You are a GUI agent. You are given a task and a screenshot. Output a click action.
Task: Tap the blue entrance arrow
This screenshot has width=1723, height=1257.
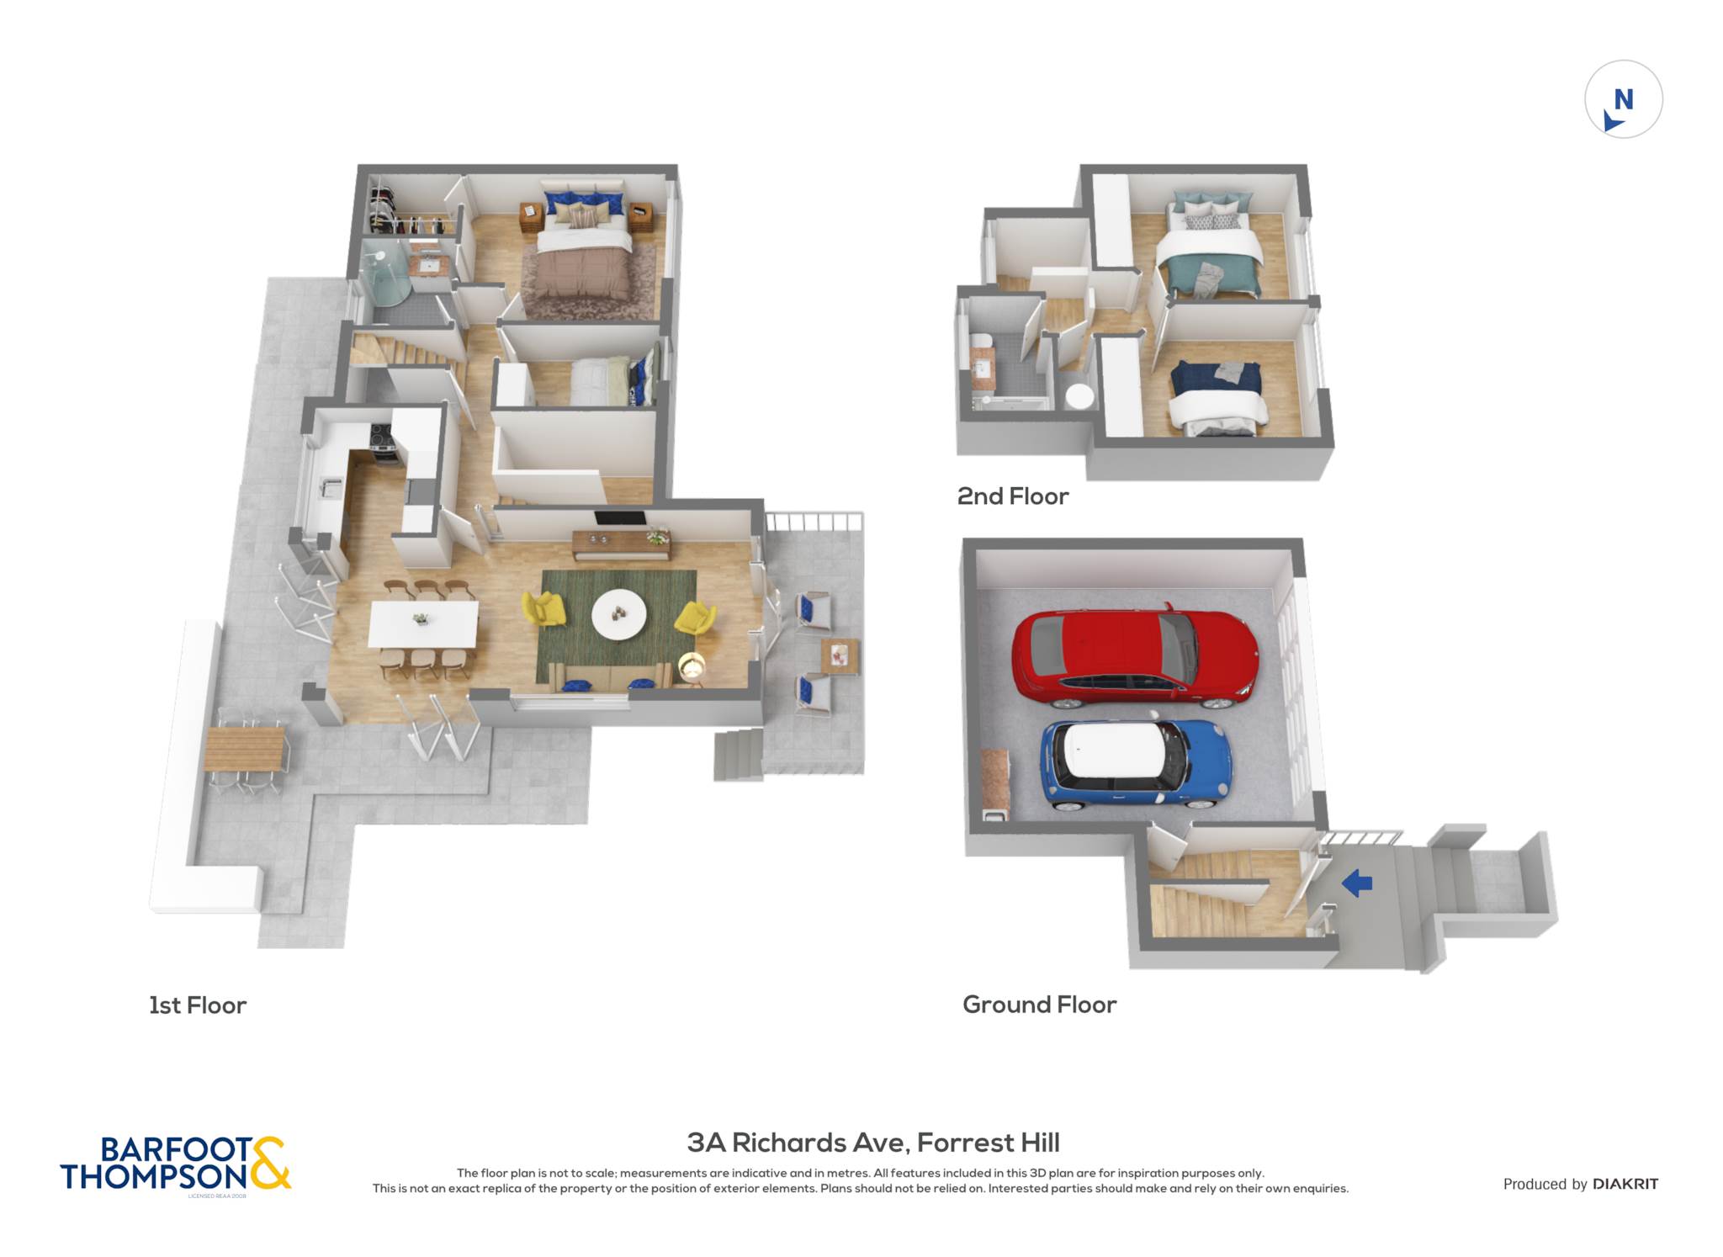coord(1357,883)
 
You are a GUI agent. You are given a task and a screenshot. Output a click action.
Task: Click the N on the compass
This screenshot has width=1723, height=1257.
coord(1624,100)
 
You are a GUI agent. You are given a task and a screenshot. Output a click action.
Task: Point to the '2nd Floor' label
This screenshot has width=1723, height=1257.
coord(1013,496)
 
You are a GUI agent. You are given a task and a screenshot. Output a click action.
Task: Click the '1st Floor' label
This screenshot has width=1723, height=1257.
coord(198,1005)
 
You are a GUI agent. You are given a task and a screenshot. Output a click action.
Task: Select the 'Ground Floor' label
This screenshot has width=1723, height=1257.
coord(1040,1005)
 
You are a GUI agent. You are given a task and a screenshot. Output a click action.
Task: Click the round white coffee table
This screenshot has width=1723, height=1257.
coord(619,614)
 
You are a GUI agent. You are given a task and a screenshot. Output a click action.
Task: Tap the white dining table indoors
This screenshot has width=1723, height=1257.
coord(423,623)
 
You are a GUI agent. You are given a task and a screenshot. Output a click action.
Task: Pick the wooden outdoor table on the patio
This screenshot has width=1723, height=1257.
coord(245,749)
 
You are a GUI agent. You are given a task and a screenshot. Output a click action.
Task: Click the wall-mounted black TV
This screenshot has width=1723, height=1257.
coord(620,518)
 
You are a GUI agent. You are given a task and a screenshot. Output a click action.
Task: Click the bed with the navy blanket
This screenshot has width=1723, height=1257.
coord(1217,399)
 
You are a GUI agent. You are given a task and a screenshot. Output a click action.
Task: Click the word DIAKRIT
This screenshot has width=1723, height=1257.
coord(1625,1184)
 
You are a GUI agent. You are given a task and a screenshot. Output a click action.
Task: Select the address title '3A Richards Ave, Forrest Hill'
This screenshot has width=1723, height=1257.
coord(873,1143)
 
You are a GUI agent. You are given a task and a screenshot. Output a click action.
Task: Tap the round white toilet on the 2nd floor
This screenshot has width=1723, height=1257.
coord(1079,395)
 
